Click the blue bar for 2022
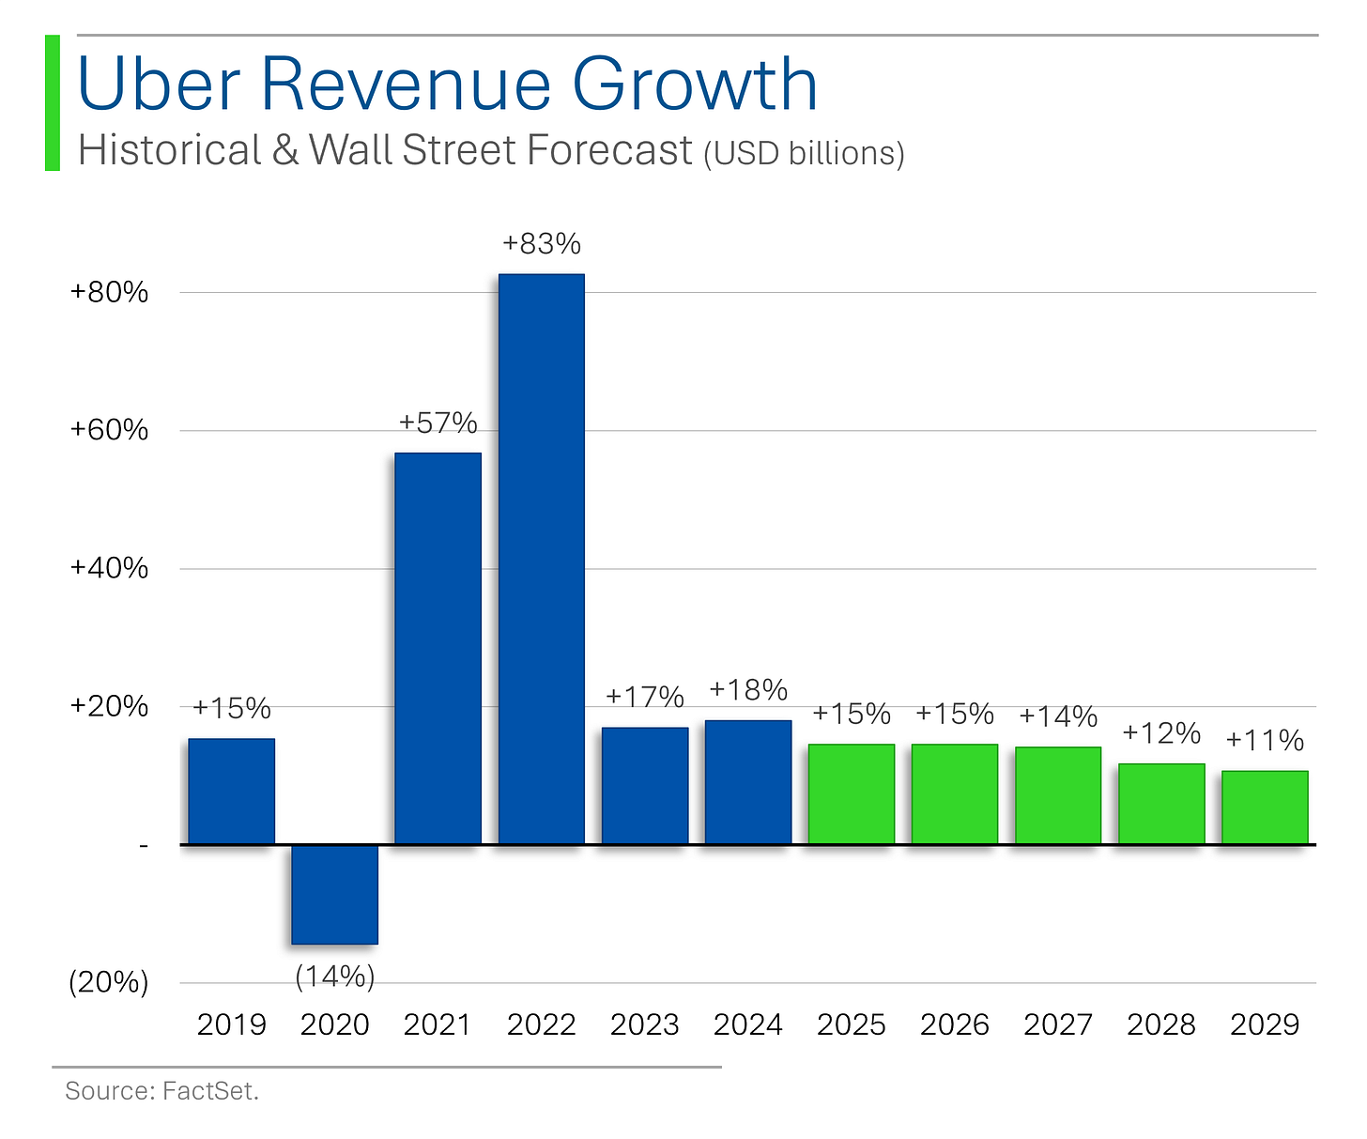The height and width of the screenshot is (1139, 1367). [542, 559]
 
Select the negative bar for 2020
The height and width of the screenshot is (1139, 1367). [335, 894]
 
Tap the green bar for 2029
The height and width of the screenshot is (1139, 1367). [1265, 808]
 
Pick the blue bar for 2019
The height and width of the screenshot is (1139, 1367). [232, 792]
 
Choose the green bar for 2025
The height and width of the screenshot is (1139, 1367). [852, 794]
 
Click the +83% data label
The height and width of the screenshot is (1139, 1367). [542, 244]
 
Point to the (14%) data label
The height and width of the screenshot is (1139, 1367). [335, 977]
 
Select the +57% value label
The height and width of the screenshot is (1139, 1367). [438, 423]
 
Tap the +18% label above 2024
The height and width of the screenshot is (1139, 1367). [748, 690]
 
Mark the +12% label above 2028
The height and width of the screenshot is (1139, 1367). [1161, 732]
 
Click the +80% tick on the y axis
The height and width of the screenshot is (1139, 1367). [110, 293]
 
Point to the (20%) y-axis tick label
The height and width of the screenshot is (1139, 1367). [109, 983]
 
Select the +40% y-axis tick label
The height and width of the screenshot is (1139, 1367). [110, 569]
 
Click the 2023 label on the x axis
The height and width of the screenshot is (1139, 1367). [645, 1024]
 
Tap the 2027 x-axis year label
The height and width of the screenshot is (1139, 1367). [1058, 1024]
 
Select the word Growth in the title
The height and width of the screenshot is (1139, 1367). [695, 84]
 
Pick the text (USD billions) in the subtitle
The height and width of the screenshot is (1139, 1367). [805, 153]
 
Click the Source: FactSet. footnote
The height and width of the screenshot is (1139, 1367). [161, 1091]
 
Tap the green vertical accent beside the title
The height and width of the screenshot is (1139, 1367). [53, 103]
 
